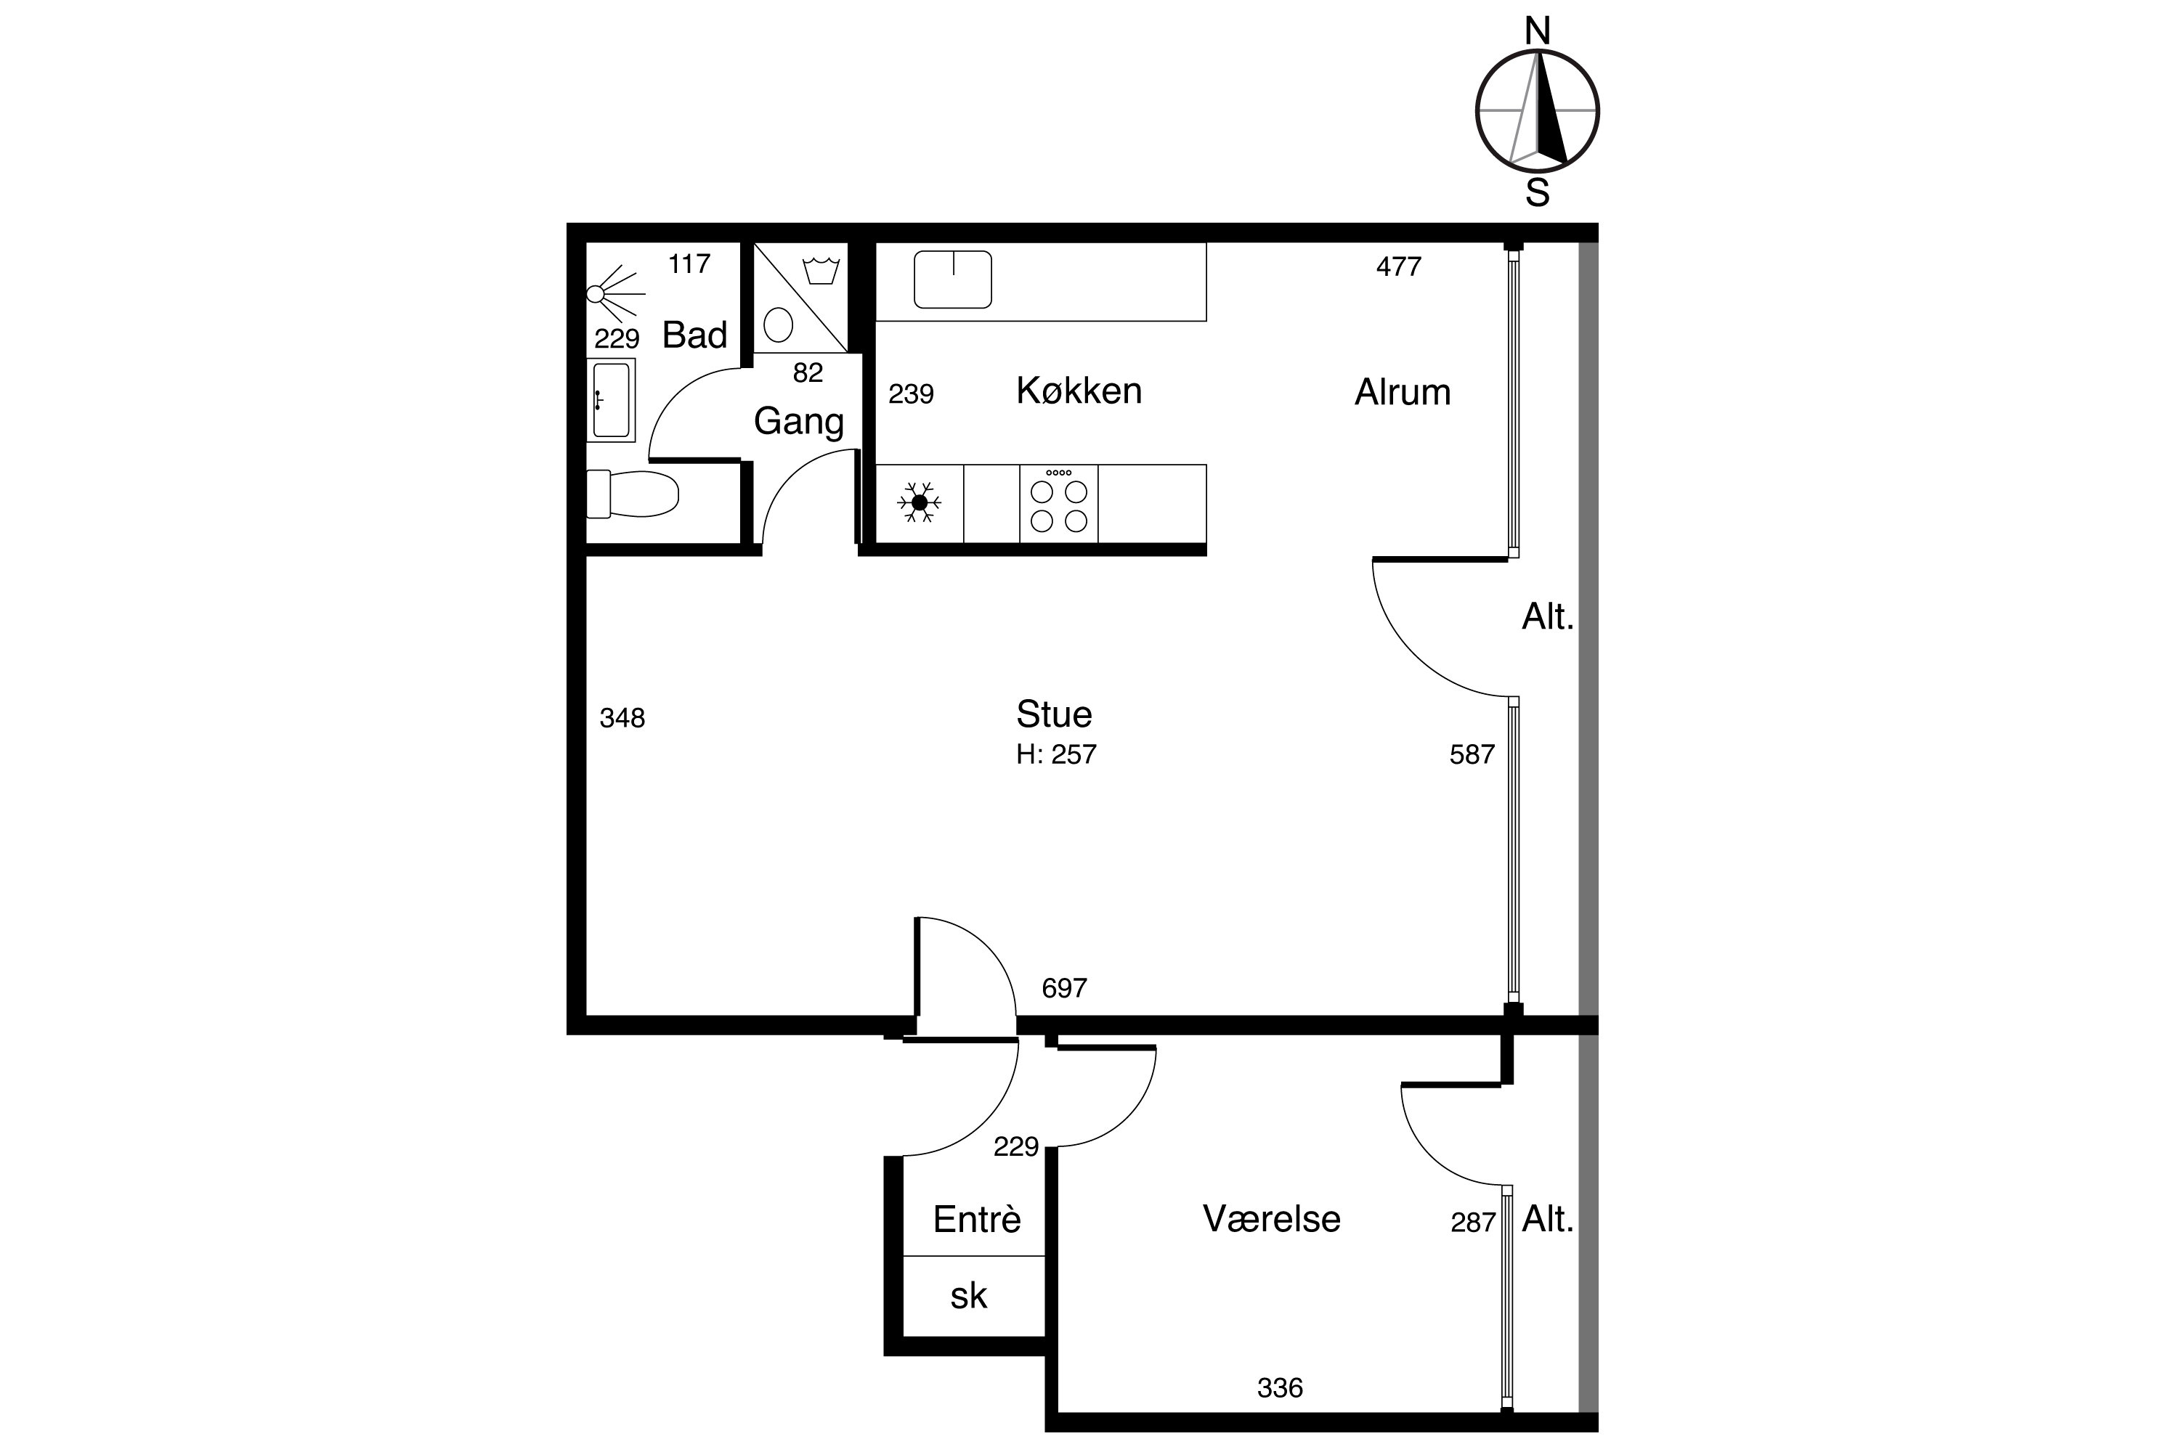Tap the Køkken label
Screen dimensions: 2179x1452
click(1079, 391)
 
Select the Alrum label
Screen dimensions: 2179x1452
click(1402, 393)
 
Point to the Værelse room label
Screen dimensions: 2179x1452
click(1271, 1219)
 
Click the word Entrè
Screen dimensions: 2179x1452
click(976, 1219)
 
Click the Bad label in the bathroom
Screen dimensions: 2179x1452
click(695, 334)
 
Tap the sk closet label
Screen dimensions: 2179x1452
click(968, 1295)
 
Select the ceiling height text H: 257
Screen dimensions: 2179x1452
click(1056, 755)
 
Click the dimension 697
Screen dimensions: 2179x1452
click(1063, 988)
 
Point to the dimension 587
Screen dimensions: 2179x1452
click(1472, 755)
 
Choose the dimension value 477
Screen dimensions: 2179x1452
click(1398, 266)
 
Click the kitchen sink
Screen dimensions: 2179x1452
click(952, 279)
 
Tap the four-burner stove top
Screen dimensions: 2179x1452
click(1059, 503)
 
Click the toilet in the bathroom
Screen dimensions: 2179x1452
click(633, 494)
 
